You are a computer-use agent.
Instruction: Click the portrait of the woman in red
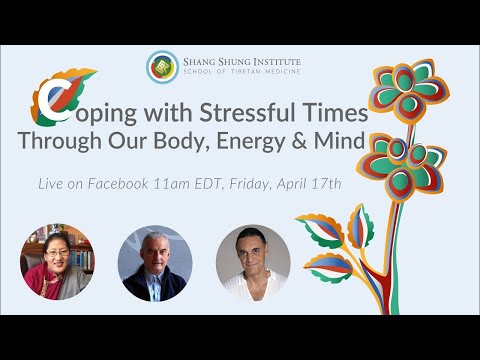click(x=57, y=261)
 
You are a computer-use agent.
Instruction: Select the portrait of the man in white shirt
click(x=252, y=262)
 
